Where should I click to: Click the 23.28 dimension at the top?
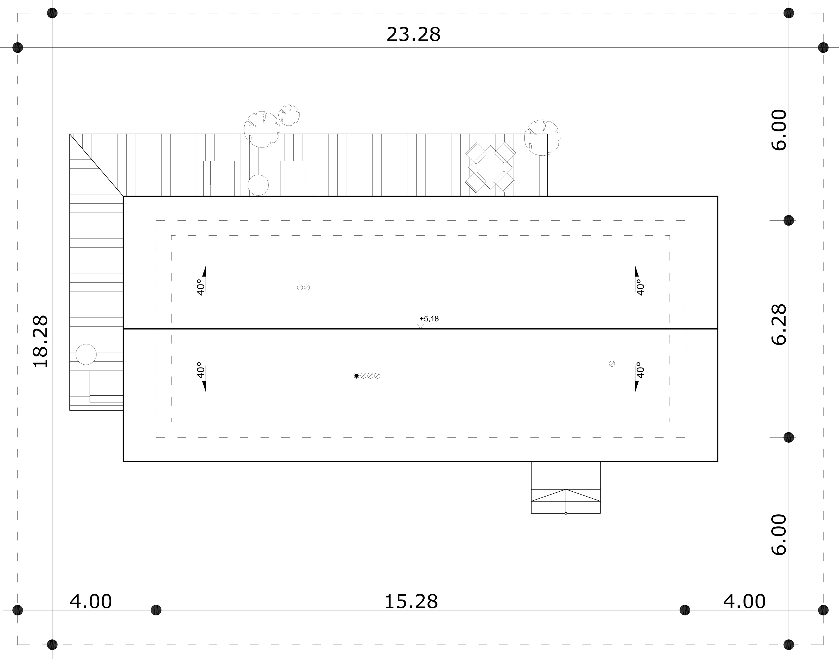pyautogui.click(x=413, y=35)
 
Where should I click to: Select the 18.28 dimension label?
pyautogui.click(x=40, y=341)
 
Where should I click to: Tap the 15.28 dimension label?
pyautogui.click(x=411, y=602)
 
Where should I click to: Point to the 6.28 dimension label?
pyautogui.click(x=779, y=325)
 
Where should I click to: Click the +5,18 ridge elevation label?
pyautogui.click(x=429, y=319)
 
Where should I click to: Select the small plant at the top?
pyautogui.click(x=289, y=115)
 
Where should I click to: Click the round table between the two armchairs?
pyautogui.click(x=258, y=185)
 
